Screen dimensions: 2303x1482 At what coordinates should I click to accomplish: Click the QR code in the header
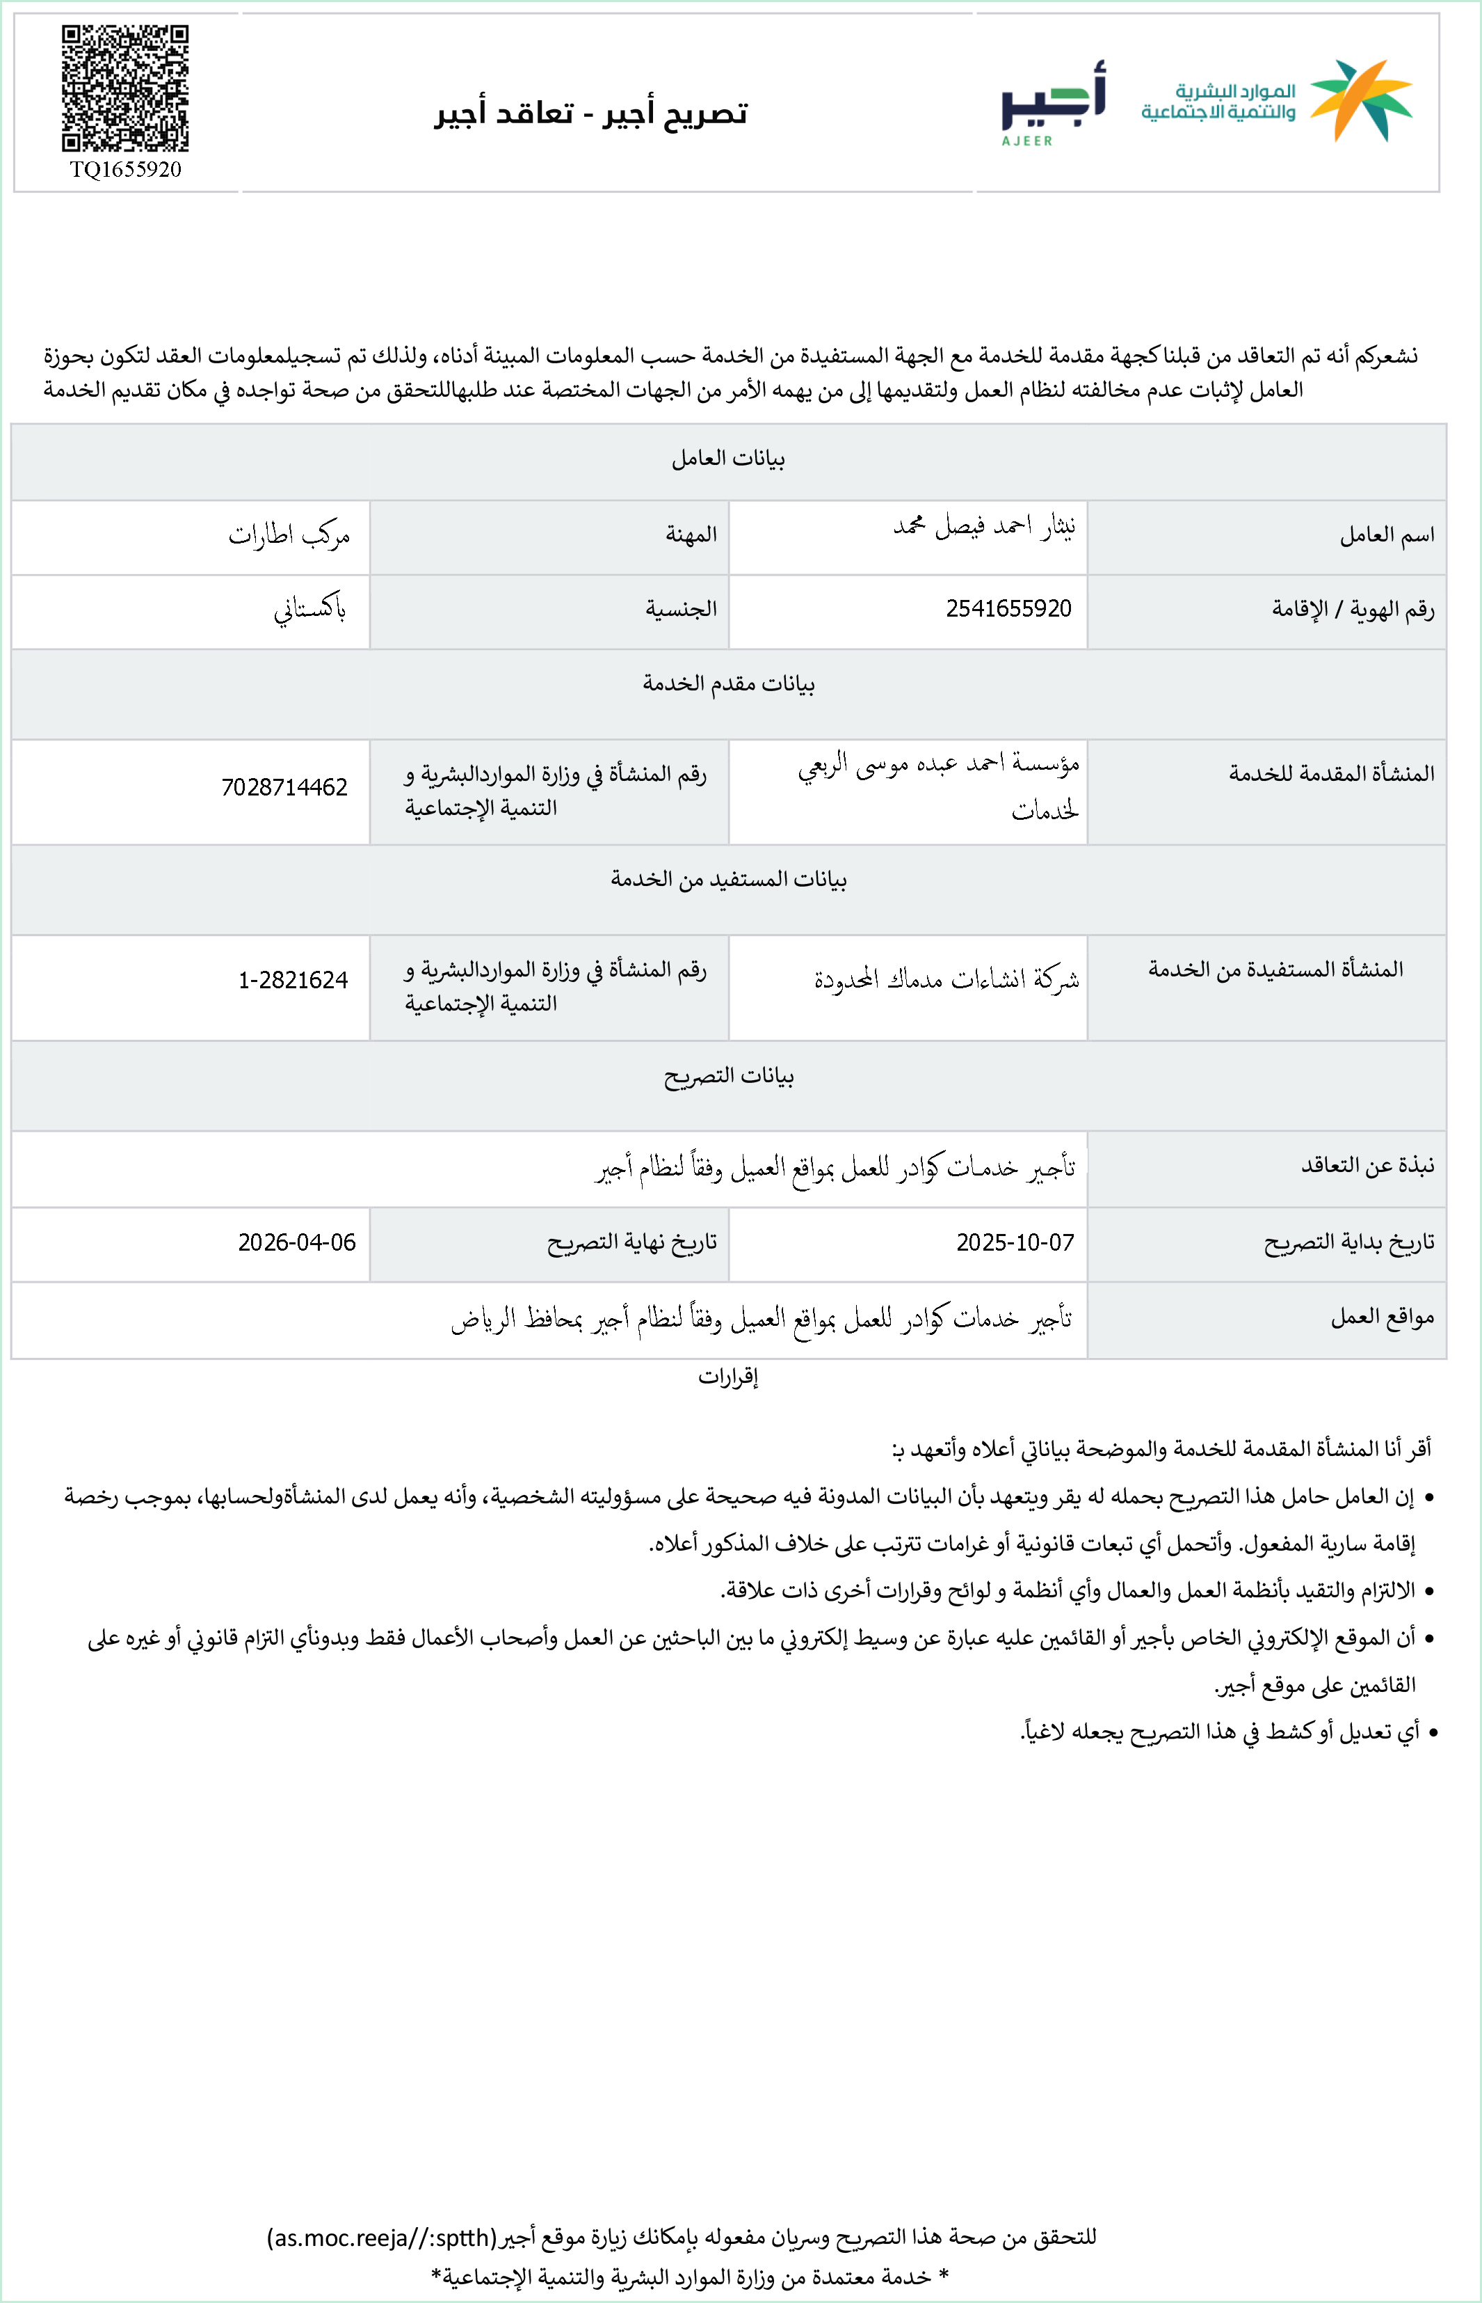tap(125, 88)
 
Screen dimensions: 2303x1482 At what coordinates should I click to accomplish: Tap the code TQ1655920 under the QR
tap(125, 169)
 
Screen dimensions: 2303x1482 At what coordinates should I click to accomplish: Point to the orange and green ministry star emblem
tap(1361, 100)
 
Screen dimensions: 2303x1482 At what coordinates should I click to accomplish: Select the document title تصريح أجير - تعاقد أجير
tap(591, 113)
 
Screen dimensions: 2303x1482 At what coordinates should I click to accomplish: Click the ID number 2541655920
tap(1008, 608)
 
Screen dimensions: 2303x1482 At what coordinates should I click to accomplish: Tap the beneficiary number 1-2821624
tap(293, 980)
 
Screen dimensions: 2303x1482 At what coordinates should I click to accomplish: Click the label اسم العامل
tap(1386, 535)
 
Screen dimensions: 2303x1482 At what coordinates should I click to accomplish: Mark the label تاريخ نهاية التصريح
tap(631, 1243)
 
